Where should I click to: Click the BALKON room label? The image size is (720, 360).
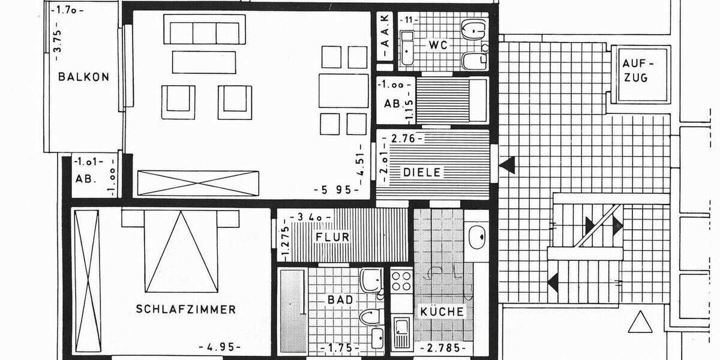pyautogui.click(x=84, y=77)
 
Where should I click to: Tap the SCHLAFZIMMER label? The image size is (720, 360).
pyautogui.click(x=185, y=310)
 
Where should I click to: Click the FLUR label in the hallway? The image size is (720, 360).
pyautogui.click(x=332, y=237)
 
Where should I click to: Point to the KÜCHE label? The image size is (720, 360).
pyautogui.click(x=442, y=312)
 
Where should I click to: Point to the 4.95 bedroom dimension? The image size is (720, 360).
pyautogui.click(x=220, y=347)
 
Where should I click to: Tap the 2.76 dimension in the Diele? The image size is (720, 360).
pyautogui.click(x=403, y=139)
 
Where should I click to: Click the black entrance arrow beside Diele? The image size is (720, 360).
pyautogui.click(x=508, y=164)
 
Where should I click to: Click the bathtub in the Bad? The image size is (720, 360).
pyautogui.click(x=292, y=312)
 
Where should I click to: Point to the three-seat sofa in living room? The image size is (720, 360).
pyautogui.click(x=204, y=32)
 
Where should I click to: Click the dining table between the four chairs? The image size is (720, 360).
pyautogui.click(x=343, y=91)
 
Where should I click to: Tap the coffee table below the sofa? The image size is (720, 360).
pyautogui.click(x=204, y=62)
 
